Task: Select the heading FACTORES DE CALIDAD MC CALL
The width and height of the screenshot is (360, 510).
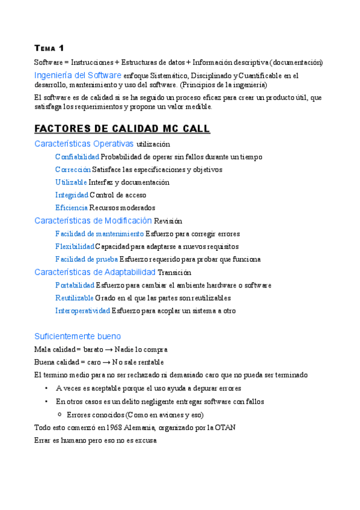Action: pos(122,129)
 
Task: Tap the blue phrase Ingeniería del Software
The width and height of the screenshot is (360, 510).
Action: pos(78,75)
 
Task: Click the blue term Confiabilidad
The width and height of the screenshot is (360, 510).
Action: pos(77,157)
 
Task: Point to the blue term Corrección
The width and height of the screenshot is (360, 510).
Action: pos(73,170)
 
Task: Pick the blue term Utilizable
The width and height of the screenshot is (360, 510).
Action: pos(71,182)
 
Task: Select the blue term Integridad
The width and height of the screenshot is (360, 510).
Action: pos(71,195)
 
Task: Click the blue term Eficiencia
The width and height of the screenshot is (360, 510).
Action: pos(72,207)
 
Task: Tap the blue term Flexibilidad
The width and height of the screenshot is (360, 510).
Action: pos(75,247)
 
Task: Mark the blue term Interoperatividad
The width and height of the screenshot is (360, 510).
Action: pos(82,311)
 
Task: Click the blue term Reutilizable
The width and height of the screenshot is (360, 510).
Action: pos(74,298)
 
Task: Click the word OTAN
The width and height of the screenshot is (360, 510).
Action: pos(225,428)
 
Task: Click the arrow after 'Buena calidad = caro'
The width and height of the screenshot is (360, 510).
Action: pos(112,362)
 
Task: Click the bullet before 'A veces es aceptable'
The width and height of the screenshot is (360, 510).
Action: pos(47,388)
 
